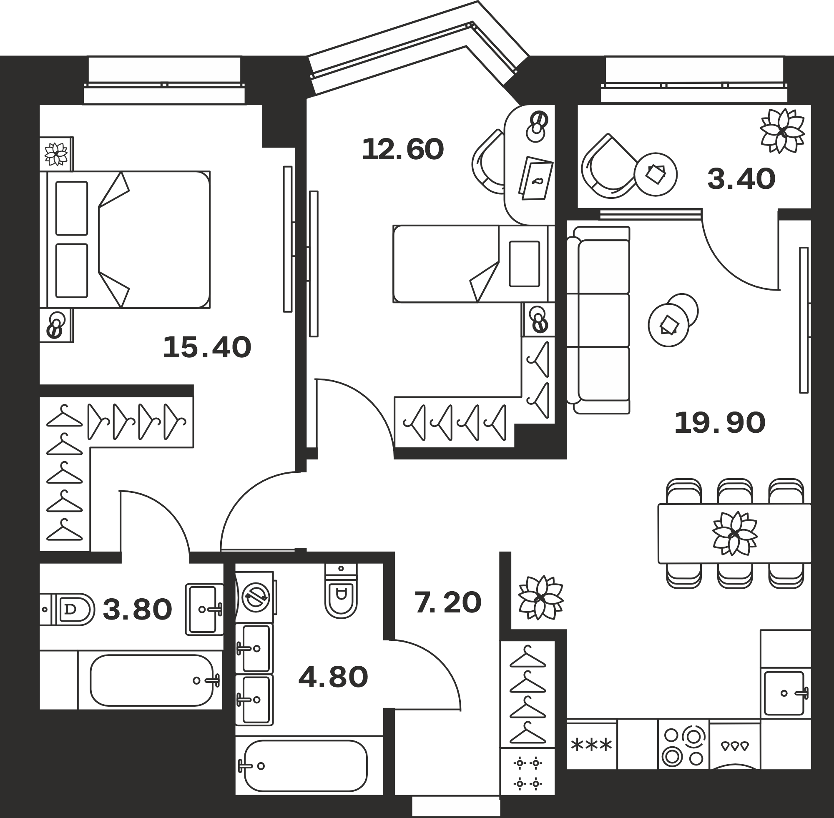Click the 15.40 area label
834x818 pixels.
[x=207, y=348]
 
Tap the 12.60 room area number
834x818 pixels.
[x=402, y=150]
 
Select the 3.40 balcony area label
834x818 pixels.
[x=741, y=179]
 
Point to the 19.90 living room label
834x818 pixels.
[x=720, y=423]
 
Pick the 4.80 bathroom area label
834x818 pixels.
[x=334, y=677]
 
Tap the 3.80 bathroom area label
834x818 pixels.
[x=138, y=610]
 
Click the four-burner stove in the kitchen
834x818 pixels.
[x=683, y=746]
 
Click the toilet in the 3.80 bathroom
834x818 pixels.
[x=68, y=609]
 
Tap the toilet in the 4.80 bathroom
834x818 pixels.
[x=341, y=591]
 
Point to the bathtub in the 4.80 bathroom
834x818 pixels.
[x=306, y=765]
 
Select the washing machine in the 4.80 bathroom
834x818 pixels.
[x=255, y=597]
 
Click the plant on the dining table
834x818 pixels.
[x=735, y=533]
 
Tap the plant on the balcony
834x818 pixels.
[x=782, y=130]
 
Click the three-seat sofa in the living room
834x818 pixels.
[x=598, y=320]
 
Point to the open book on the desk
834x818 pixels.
[x=536, y=178]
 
